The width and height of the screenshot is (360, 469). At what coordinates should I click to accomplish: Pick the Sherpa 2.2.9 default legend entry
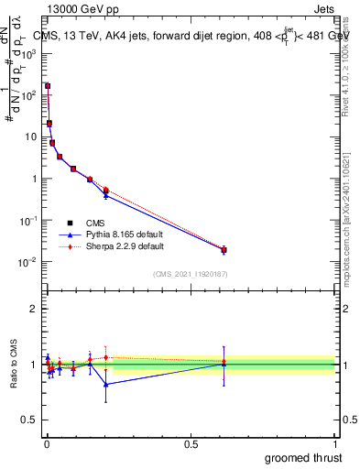pyautogui.click(x=114, y=246)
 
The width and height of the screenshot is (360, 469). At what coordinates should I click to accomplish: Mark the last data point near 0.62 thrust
pyautogui.click(x=224, y=249)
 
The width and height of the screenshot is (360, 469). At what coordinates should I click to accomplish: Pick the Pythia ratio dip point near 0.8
pyautogui.click(x=106, y=384)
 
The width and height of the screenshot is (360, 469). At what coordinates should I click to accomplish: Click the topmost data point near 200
pyautogui.click(x=48, y=86)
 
